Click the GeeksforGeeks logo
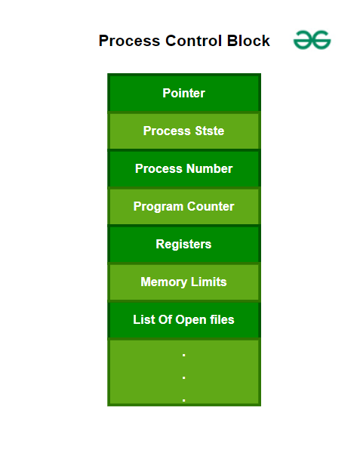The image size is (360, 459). pos(312,41)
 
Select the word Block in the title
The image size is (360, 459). pos(249,41)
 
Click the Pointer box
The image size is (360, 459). pos(183,93)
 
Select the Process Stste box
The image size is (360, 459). pos(183,131)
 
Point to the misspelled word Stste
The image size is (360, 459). pos(209,131)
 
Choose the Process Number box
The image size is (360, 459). pos(183,168)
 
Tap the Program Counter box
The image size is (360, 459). pos(183,206)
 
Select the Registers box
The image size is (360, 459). pos(183,244)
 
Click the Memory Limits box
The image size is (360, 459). pos(183,282)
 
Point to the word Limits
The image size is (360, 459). pos(208,282)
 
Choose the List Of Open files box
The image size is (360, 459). pos(183,319)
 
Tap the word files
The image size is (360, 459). pos(221,319)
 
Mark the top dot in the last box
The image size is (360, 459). pos(184,356)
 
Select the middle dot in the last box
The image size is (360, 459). pos(184,377)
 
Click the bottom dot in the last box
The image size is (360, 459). pos(184,399)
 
